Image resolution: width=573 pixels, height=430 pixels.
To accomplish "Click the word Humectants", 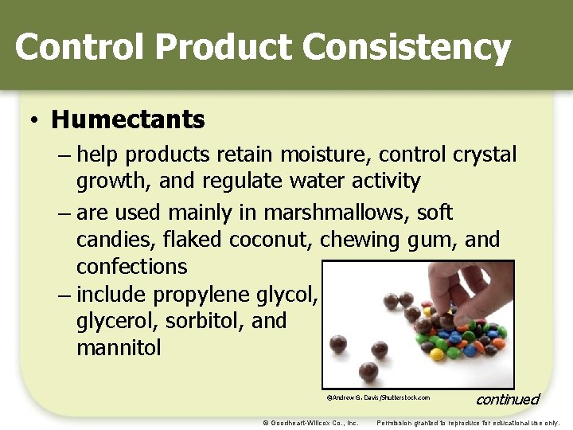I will pyautogui.click(x=128, y=120).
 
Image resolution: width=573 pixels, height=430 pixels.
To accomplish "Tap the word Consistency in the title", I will pyautogui.click(x=407, y=47).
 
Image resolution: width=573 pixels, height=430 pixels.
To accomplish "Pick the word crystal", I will pyautogui.click(x=485, y=154).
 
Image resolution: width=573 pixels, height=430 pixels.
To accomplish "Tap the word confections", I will pyautogui.click(x=132, y=266).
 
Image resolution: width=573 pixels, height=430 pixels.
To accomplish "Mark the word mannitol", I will pyautogui.click(x=119, y=348).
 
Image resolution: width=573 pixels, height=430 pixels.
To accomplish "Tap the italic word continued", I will pyautogui.click(x=507, y=399).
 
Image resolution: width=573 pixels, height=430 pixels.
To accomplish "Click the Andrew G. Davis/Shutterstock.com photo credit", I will pyautogui.click(x=378, y=397).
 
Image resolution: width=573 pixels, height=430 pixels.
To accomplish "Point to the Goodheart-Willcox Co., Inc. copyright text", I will pyautogui.click(x=310, y=422).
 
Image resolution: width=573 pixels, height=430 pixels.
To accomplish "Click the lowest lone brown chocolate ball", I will pyautogui.click(x=368, y=369).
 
